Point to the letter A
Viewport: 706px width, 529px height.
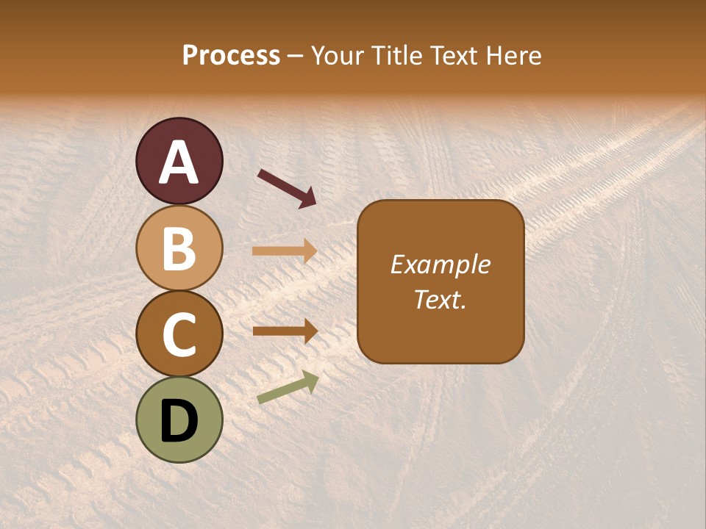click(179, 163)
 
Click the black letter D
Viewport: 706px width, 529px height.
click(179, 422)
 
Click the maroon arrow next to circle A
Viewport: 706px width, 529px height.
click(287, 188)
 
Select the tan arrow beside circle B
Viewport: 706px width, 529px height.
click(285, 251)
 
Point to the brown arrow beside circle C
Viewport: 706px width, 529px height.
click(285, 331)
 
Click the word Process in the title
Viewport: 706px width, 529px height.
click(231, 56)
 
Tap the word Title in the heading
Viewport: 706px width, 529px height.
click(397, 56)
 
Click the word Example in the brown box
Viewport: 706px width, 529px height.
click(441, 264)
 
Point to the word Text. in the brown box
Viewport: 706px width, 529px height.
click(441, 300)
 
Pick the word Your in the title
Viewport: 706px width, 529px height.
click(338, 56)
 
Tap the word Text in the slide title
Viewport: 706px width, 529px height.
click(454, 56)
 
